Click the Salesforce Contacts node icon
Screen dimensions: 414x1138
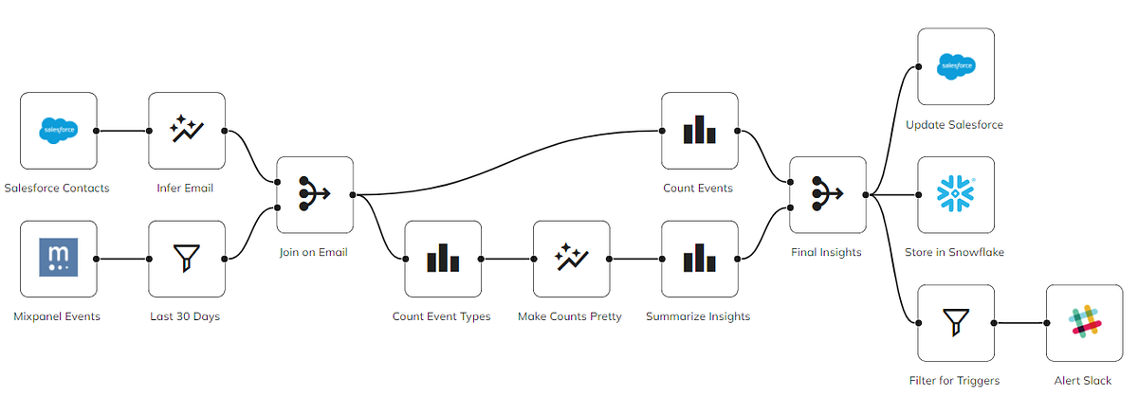click(59, 130)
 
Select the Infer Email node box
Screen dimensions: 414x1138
click(187, 130)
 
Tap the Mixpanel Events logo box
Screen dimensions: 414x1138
click(59, 259)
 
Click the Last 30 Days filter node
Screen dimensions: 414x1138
click(187, 259)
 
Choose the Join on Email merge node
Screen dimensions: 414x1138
click(315, 194)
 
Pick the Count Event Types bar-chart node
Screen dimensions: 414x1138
click(443, 259)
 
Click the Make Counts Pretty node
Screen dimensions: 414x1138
click(571, 259)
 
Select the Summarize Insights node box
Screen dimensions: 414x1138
click(699, 259)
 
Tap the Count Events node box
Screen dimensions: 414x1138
click(699, 130)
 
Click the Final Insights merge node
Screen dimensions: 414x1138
click(827, 194)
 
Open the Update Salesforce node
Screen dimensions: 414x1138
click(956, 66)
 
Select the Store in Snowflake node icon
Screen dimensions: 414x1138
click(956, 194)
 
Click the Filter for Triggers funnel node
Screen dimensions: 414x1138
click(956, 323)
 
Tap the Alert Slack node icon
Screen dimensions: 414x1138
click(1084, 323)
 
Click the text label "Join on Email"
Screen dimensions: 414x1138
click(315, 252)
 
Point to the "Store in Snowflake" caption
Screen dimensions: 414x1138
click(956, 252)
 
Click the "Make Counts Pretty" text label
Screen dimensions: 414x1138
click(570, 316)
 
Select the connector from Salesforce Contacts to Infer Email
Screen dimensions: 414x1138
click(123, 131)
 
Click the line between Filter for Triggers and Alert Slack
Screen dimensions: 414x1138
click(1019, 323)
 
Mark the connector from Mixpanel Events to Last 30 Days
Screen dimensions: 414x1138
click(123, 259)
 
